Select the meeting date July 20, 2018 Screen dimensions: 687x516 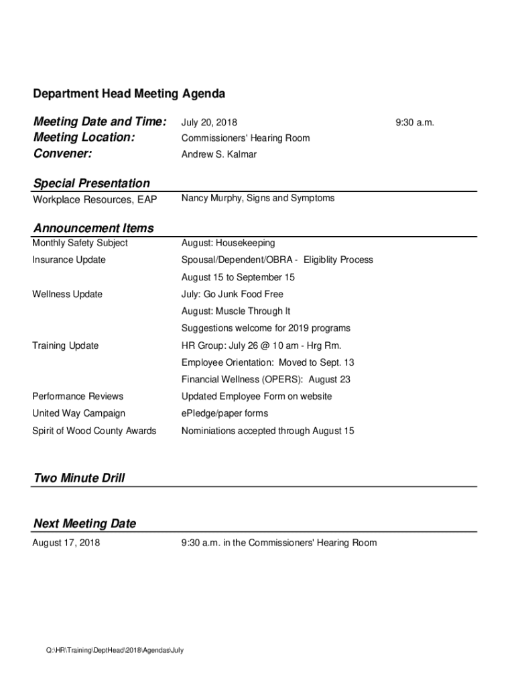pos(209,123)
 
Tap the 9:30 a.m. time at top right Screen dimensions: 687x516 pos(415,123)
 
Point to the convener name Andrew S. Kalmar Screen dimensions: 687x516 pos(218,154)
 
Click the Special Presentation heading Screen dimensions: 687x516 pos(92,183)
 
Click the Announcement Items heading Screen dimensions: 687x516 pos(93,228)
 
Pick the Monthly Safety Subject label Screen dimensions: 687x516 pos(80,243)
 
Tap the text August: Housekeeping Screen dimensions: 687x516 pos(228,243)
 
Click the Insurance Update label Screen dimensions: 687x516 pos(69,260)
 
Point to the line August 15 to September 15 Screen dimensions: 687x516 pos(238,277)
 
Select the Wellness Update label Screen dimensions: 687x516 pos(68,294)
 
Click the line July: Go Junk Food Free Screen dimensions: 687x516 pos(232,294)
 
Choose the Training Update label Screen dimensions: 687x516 pos(66,346)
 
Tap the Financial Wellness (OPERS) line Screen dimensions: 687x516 pos(265,379)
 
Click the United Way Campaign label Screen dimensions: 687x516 pos(78,413)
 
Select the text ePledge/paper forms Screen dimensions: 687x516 pos(224,413)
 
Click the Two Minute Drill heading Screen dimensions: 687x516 pos(79,478)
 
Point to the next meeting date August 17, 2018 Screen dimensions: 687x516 pos(66,542)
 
